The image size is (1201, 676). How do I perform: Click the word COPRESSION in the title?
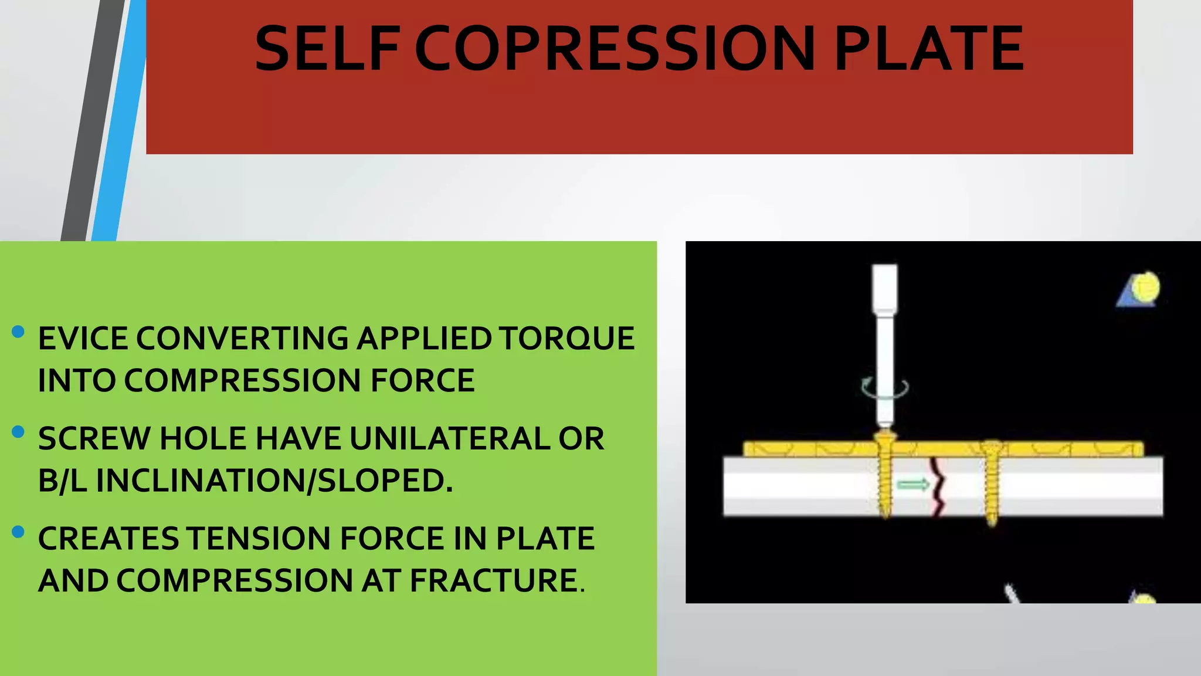[615, 49]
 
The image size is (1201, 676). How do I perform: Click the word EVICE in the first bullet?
[83, 339]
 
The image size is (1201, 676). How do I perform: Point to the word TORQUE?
[567, 339]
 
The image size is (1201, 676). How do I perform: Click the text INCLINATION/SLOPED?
[274, 481]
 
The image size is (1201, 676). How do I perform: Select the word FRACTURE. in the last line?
[497, 581]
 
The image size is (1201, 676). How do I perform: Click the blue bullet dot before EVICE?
[18, 332]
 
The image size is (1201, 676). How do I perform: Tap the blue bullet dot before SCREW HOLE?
[18, 432]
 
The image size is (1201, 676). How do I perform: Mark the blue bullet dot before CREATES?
[18, 532]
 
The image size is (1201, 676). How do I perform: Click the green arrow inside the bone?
[913, 484]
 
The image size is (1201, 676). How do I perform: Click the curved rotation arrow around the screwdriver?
[885, 388]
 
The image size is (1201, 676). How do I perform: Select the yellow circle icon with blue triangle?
[1140, 290]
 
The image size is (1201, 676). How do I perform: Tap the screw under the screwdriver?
[885, 475]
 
